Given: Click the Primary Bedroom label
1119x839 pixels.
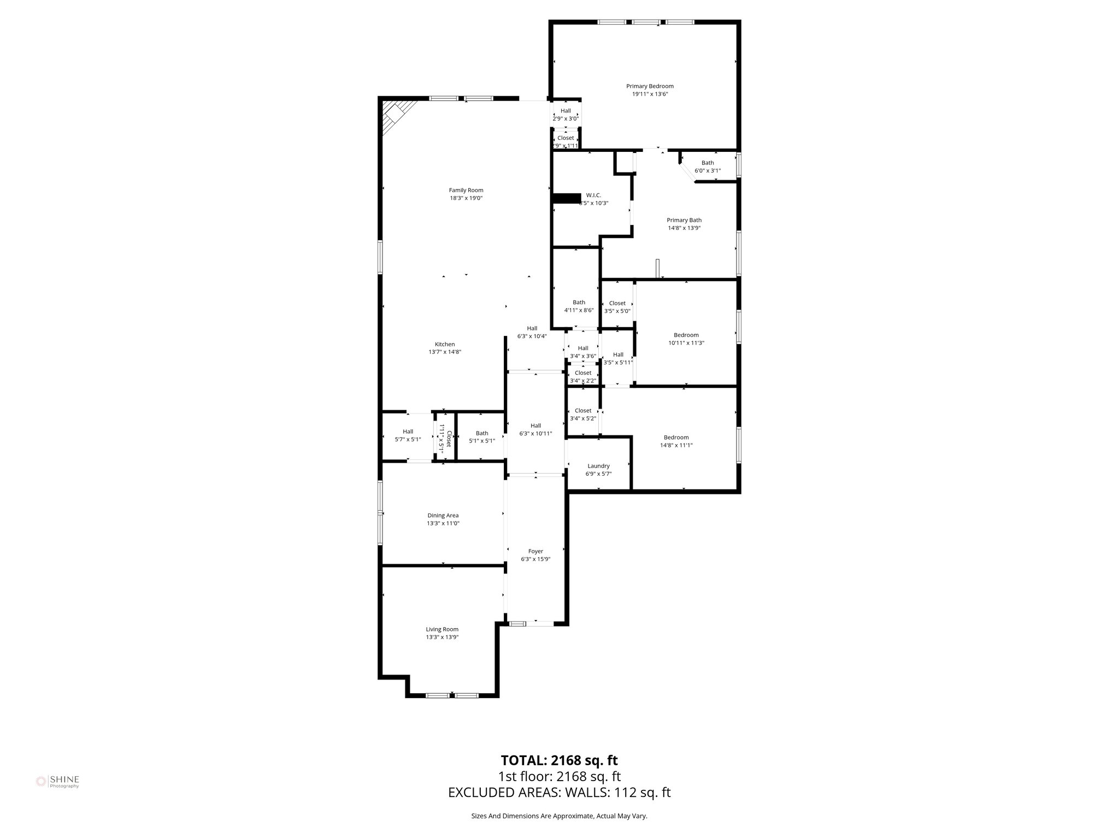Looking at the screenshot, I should [x=650, y=86].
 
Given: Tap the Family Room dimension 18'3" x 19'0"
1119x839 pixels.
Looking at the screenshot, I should [x=466, y=198].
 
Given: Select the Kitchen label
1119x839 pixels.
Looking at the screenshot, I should [x=445, y=344].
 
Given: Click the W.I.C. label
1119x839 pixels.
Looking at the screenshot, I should [x=593, y=195].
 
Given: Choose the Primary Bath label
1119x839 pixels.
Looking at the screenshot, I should [x=684, y=220].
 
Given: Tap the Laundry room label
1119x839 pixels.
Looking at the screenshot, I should [x=598, y=466].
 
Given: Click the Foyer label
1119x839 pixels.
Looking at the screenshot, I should [x=535, y=551].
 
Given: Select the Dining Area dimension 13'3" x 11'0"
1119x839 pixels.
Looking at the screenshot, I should [x=443, y=523].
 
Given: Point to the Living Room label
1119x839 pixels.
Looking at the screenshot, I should [x=442, y=629].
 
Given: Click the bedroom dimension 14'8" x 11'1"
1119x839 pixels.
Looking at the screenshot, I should [x=676, y=445].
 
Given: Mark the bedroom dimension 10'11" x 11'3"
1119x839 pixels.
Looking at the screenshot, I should [x=686, y=343].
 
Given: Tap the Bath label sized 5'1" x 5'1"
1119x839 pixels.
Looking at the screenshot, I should [x=482, y=433].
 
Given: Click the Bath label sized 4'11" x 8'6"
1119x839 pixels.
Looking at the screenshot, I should [x=579, y=302].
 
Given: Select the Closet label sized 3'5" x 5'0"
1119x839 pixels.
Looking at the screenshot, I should [x=617, y=303].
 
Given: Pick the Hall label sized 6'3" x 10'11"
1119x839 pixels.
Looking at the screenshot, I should [x=535, y=426].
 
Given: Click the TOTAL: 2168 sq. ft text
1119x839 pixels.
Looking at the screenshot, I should [x=559, y=760].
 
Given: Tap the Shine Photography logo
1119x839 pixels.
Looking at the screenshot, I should [x=57, y=782].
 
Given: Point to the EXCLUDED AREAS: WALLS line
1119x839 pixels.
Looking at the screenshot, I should [x=559, y=793].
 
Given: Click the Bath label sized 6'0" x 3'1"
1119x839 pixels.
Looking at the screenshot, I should [x=708, y=163].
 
